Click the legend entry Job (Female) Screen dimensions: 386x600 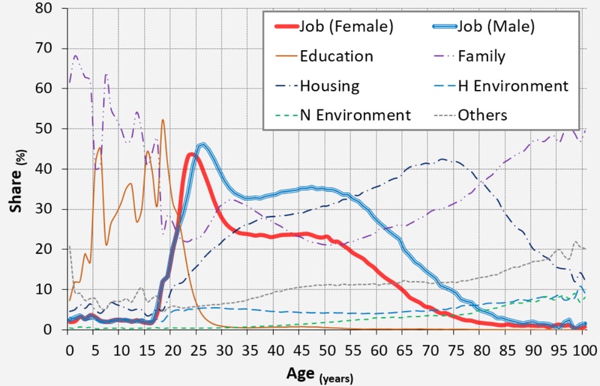346,28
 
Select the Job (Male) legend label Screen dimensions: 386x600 494,28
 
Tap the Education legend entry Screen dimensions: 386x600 336,56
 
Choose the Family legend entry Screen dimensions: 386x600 481,56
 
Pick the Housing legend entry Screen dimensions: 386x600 329,85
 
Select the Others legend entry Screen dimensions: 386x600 481,115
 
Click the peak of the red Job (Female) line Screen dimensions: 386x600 191,154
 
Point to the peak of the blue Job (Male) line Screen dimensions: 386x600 202,145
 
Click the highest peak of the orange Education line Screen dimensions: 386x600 163,120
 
